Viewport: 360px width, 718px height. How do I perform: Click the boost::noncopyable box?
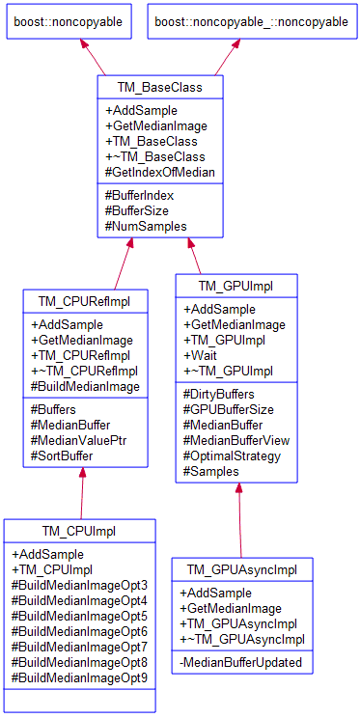pyautogui.click(x=69, y=21)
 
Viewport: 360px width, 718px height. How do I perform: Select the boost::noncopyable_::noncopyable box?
pyautogui.click(x=251, y=21)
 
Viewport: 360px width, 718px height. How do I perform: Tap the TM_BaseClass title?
pyautogui.click(x=160, y=88)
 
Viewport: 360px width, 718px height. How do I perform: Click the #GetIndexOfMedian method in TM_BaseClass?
pyautogui.click(x=160, y=172)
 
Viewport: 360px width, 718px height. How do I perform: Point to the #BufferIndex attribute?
pyautogui.click(x=141, y=195)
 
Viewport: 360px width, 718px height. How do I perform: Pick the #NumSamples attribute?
pyautogui.click(x=146, y=226)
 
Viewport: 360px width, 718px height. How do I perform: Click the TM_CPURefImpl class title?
pyautogui.click(x=84, y=301)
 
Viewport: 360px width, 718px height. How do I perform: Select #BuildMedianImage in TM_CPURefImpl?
pyautogui.click(x=85, y=386)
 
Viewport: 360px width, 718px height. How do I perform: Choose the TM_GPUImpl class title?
pyautogui.click(x=236, y=286)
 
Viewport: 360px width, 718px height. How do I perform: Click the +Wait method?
pyautogui.click(x=201, y=355)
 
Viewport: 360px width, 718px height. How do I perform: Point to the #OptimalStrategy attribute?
pyautogui.click(x=232, y=456)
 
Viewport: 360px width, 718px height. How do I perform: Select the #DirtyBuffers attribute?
pyautogui.click(x=219, y=394)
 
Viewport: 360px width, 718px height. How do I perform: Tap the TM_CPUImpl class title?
pyautogui.click(x=78, y=532)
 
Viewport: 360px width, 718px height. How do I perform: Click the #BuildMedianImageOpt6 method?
pyautogui.click(x=79, y=631)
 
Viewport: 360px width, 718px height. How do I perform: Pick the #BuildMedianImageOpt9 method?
pyautogui.click(x=79, y=677)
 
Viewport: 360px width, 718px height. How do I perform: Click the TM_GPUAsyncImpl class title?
pyautogui.click(x=242, y=569)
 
